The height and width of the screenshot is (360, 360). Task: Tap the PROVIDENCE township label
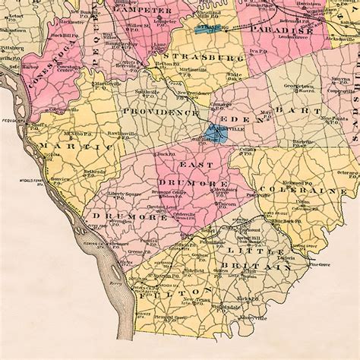(x=160, y=112)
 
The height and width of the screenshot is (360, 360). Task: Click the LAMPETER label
(x=144, y=11)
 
